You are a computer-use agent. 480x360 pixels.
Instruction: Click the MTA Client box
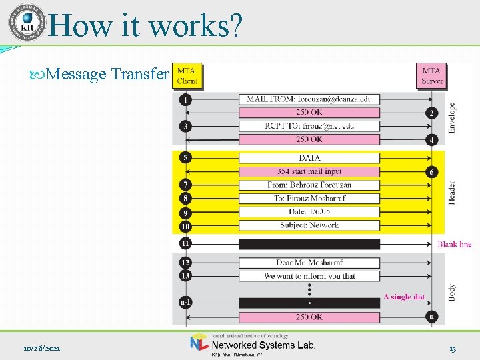(x=187, y=76)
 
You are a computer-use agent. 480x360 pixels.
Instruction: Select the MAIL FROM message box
(x=309, y=99)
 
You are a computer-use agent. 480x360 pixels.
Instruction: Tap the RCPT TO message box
(x=309, y=126)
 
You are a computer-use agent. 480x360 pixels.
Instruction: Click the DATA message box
(x=309, y=158)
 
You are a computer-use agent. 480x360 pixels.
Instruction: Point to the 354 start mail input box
(x=309, y=171)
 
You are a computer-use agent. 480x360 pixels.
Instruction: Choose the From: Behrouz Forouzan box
(x=309, y=185)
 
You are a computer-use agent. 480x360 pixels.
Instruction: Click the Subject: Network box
(x=309, y=225)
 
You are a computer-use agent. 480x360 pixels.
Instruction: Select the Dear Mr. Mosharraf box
(x=309, y=263)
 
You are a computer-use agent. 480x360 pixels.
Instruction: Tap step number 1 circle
(x=185, y=100)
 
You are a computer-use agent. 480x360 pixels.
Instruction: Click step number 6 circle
(x=432, y=172)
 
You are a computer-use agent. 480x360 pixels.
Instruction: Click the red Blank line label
(x=454, y=244)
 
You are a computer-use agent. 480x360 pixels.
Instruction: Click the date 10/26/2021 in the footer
(x=42, y=349)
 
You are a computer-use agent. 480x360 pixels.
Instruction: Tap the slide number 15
(x=452, y=349)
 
